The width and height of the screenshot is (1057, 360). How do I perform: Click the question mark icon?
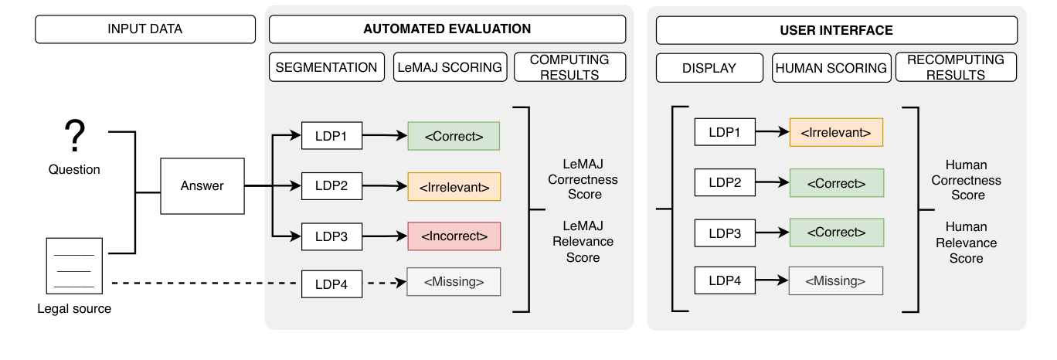click(x=74, y=137)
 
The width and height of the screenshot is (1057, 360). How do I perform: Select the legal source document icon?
click(x=74, y=265)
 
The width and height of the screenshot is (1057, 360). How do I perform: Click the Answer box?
click(x=202, y=185)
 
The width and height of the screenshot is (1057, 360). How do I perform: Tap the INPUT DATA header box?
click(x=145, y=29)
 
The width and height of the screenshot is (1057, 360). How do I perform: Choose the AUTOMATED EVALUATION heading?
click(x=447, y=29)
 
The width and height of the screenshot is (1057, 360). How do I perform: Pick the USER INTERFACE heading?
click(x=836, y=30)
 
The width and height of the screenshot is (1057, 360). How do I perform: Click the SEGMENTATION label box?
click(x=327, y=67)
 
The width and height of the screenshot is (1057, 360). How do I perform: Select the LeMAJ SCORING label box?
click(x=450, y=67)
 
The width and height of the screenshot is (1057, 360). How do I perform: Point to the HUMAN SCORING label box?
click(x=831, y=68)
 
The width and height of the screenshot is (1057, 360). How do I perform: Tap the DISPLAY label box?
click(x=709, y=68)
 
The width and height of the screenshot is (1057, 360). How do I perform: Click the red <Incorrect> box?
click(x=454, y=236)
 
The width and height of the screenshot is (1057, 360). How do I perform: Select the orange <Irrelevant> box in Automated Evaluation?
click(x=454, y=187)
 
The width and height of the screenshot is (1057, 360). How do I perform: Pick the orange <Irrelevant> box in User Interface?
click(x=836, y=133)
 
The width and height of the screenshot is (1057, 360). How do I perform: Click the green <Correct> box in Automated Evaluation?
click(x=454, y=137)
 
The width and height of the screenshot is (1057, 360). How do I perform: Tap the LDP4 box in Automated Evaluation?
click(x=331, y=284)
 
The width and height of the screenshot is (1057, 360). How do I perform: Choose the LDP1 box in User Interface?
click(x=724, y=132)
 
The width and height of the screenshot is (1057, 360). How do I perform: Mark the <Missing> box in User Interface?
click(x=835, y=281)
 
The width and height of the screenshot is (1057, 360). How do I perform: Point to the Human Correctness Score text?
click(x=966, y=180)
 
